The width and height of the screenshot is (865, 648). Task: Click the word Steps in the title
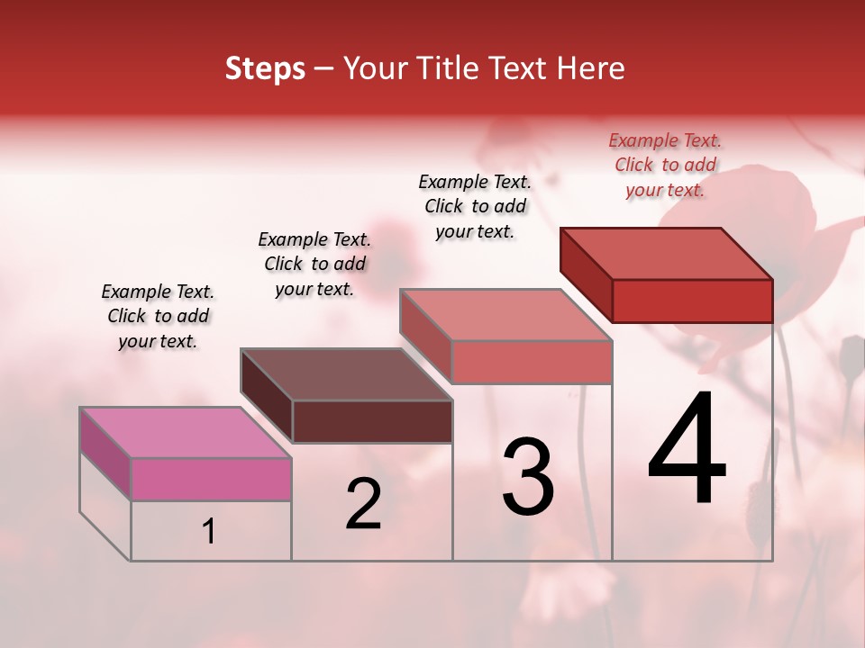click(265, 69)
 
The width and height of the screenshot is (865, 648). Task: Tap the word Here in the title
click(591, 69)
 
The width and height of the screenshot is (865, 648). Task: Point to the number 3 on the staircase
click(528, 477)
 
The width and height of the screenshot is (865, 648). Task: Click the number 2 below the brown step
click(363, 504)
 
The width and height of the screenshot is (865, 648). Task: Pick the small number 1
click(209, 532)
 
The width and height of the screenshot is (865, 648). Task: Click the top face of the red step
click(667, 254)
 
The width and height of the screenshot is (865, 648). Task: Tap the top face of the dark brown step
click(347, 374)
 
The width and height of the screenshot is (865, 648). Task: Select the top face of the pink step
click(186, 433)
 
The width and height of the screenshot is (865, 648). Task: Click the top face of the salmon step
click(506, 315)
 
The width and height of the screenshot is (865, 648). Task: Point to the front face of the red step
click(692, 301)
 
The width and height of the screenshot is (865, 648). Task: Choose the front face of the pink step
click(211, 479)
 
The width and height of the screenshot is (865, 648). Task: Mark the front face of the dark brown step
click(372, 421)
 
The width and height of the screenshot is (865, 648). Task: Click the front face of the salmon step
click(532, 362)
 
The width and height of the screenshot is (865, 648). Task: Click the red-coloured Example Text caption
click(665, 166)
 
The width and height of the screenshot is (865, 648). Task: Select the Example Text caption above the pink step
click(158, 317)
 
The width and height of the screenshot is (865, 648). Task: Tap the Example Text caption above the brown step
click(314, 265)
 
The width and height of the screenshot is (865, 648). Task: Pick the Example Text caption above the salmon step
click(475, 206)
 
